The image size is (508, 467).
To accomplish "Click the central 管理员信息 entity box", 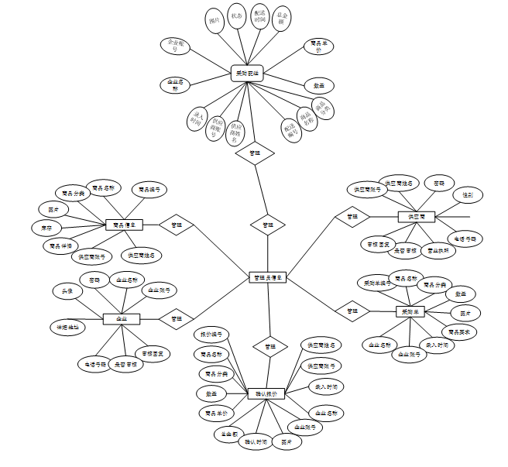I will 268,276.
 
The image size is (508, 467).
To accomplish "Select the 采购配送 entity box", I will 247,74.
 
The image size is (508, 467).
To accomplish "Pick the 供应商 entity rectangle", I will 416,216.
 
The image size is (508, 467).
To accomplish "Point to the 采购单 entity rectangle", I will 410,311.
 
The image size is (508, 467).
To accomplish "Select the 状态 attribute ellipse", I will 237,18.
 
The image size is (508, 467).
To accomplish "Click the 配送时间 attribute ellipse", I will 261,18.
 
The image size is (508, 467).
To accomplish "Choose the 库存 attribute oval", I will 46,228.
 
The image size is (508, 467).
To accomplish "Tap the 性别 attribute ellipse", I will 468,194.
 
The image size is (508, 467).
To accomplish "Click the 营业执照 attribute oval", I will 438,250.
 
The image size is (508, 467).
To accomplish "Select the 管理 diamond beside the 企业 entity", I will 177,318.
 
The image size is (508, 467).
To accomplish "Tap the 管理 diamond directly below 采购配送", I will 255,152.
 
